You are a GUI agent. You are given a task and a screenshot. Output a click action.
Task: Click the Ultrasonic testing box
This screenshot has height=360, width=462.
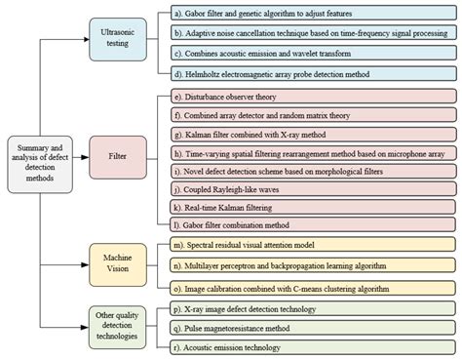point(118,39)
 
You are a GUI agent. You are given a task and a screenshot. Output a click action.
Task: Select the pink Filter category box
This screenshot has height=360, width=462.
point(118,157)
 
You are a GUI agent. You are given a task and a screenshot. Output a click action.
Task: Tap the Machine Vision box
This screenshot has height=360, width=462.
point(118,264)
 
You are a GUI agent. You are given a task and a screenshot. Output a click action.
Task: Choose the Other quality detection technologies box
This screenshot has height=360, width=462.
point(118,327)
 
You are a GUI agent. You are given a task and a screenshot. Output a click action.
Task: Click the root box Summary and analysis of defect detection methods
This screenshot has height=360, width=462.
point(40,164)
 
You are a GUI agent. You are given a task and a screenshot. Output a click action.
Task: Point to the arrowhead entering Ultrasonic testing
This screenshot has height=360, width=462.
point(87,39)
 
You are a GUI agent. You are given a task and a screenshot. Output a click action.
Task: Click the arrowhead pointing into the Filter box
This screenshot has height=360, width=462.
point(85,157)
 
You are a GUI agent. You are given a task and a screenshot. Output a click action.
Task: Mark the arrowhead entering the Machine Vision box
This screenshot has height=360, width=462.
point(85,264)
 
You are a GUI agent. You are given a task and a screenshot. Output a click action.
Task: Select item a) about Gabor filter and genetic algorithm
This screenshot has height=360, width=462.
point(314,14)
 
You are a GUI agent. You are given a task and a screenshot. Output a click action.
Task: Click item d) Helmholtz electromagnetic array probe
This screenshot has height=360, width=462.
point(314,74)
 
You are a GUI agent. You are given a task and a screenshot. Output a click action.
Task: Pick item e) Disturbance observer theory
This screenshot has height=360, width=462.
point(314,97)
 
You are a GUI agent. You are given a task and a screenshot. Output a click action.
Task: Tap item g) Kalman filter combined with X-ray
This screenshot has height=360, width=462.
point(314,135)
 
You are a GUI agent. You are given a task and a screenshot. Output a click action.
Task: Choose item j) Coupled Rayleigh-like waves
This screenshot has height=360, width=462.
point(314,189)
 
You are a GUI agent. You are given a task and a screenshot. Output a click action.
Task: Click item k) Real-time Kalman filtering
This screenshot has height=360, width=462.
point(313,208)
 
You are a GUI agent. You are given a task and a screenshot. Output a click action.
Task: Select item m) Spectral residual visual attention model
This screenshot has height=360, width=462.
point(313,245)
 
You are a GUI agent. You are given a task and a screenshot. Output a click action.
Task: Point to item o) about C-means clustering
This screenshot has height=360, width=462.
point(313,289)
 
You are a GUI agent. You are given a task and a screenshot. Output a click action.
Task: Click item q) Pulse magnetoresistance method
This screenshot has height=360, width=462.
point(313,328)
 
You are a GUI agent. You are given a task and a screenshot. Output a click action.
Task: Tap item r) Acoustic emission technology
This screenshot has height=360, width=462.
point(313,347)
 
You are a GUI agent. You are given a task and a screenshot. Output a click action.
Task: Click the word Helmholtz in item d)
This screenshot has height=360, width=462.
point(202,74)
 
